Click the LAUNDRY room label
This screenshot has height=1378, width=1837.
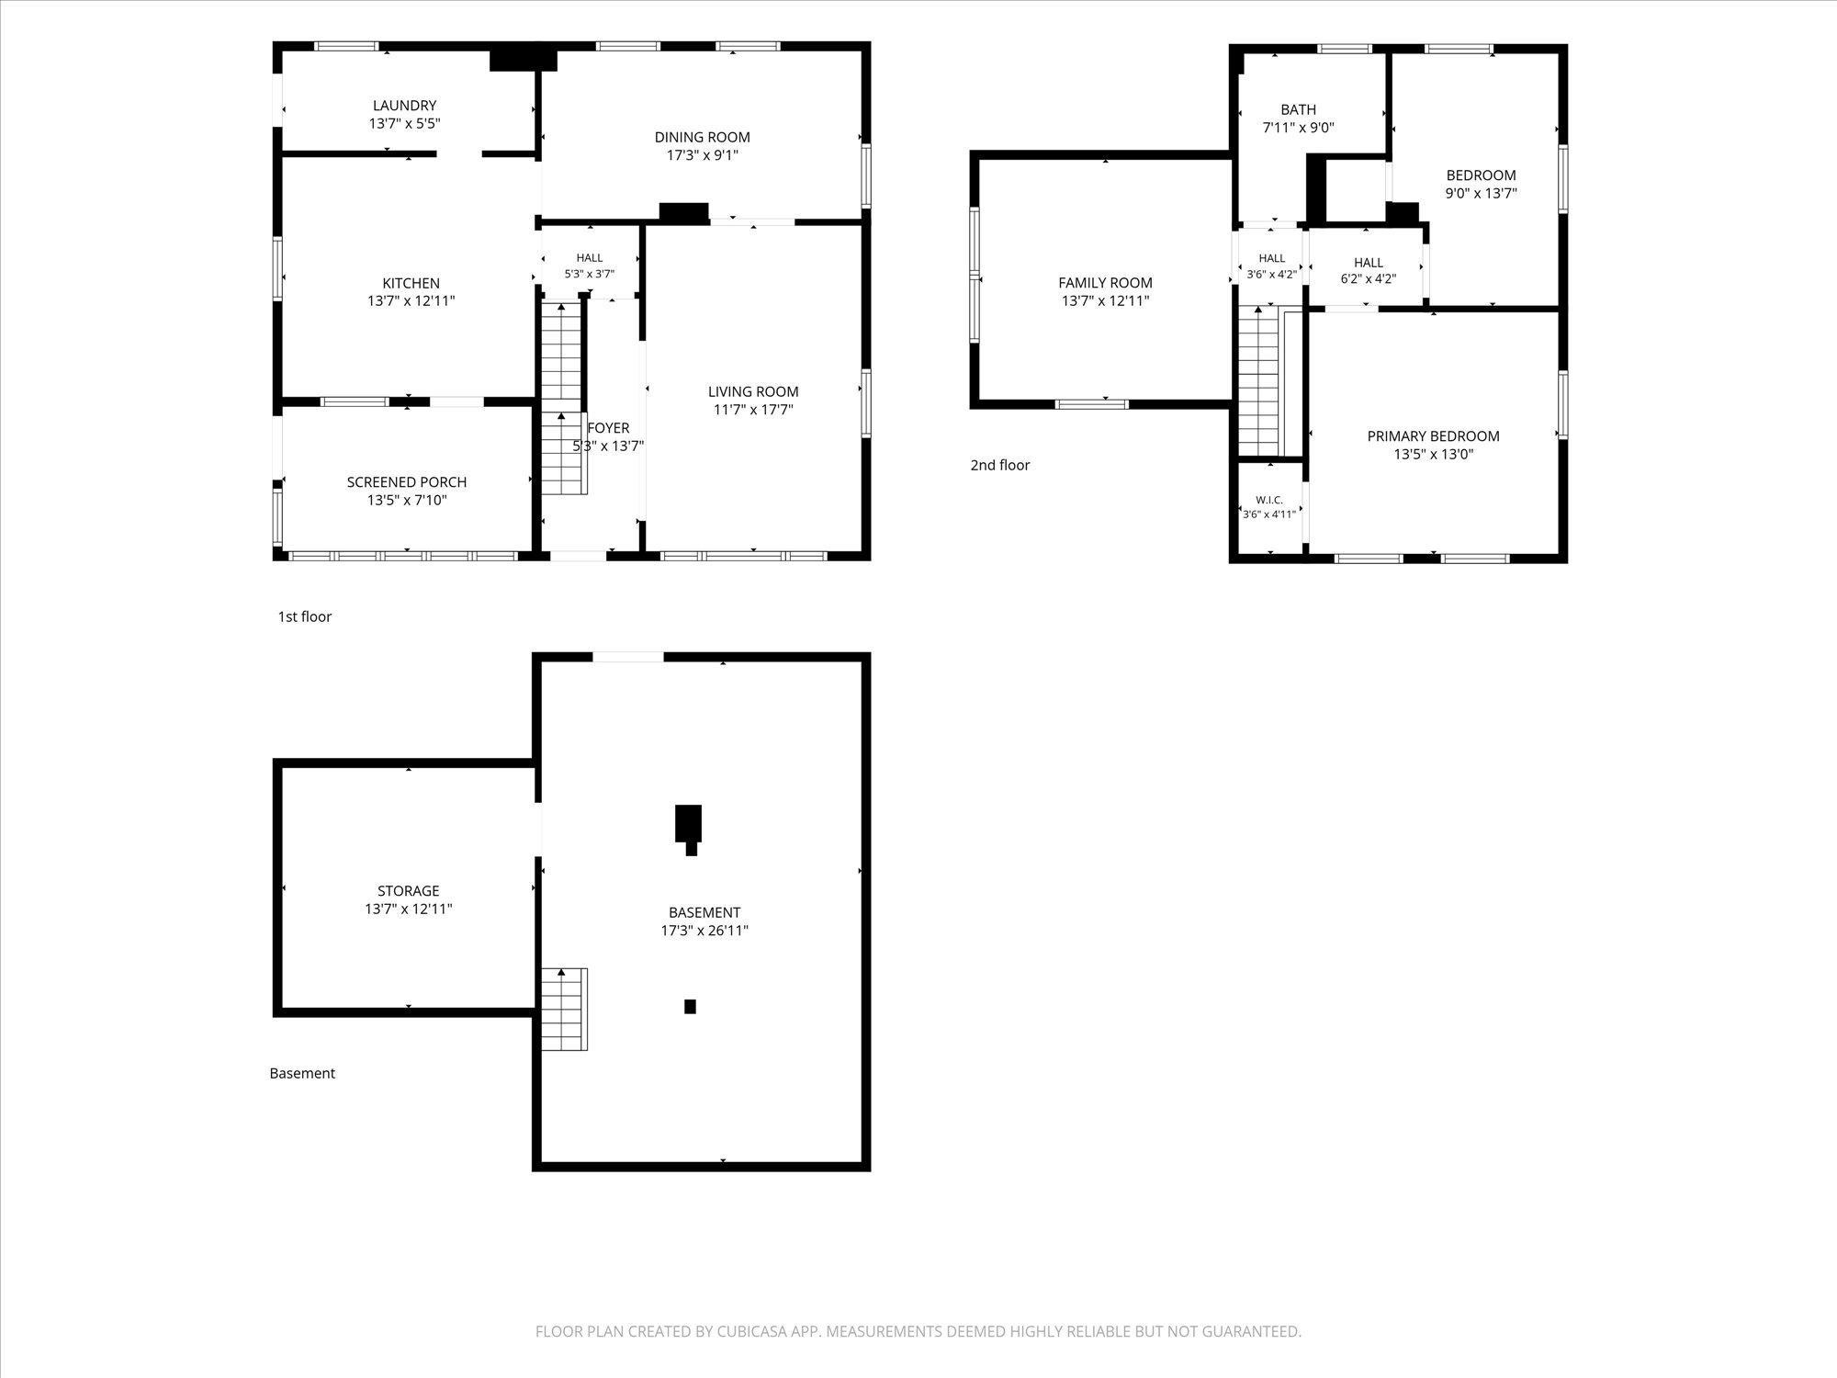pyautogui.click(x=404, y=106)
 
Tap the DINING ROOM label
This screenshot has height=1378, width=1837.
pyautogui.click(x=703, y=137)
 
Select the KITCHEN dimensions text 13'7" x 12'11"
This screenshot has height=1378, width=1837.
pyautogui.click(x=411, y=300)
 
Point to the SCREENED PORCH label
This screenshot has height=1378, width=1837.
pyautogui.click(x=407, y=482)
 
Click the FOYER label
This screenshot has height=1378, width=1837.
pyautogui.click(x=608, y=428)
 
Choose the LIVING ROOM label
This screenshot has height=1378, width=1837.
pyautogui.click(x=753, y=391)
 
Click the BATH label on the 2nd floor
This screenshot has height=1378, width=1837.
pyautogui.click(x=1298, y=109)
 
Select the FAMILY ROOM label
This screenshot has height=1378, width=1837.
pyautogui.click(x=1105, y=283)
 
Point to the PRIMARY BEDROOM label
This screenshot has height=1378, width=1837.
pyautogui.click(x=1433, y=436)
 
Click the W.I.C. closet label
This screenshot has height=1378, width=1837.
pyautogui.click(x=1269, y=500)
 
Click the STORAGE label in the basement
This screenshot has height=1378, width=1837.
pyautogui.click(x=409, y=891)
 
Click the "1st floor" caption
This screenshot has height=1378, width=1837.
pyautogui.click(x=305, y=616)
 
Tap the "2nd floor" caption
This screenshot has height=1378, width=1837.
pyautogui.click(x=1000, y=465)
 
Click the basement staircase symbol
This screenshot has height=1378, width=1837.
pyautogui.click(x=564, y=1009)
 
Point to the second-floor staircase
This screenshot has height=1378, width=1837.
pyautogui.click(x=1258, y=381)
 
